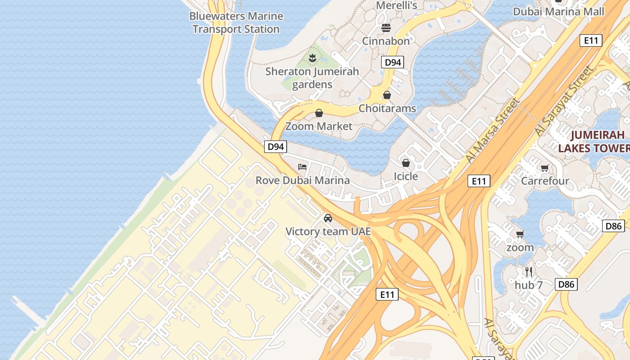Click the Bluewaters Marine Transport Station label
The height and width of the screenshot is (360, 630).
(236, 22)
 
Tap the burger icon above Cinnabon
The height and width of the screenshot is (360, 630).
(386, 28)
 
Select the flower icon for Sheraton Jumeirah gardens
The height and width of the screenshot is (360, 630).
(312, 58)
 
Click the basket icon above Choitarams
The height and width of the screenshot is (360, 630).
(387, 95)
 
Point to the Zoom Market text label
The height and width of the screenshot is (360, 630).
(319, 126)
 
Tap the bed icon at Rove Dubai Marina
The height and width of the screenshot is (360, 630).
(302, 167)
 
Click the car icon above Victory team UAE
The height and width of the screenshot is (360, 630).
(328, 218)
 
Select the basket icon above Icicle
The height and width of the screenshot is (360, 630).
(406, 162)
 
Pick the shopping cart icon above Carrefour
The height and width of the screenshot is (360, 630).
(545, 168)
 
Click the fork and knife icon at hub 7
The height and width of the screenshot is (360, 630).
(529, 272)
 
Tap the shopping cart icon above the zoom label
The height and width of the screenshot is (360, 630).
(520, 234)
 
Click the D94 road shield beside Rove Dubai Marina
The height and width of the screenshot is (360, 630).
(275, 146)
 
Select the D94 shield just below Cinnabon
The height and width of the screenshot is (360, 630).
(392, 62)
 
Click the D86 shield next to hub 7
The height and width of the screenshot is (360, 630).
(566, 284)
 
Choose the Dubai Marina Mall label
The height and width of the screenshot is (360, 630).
(558, 12)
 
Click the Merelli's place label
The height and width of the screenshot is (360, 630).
(396, 5)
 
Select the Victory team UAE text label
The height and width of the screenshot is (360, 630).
(328, 232)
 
